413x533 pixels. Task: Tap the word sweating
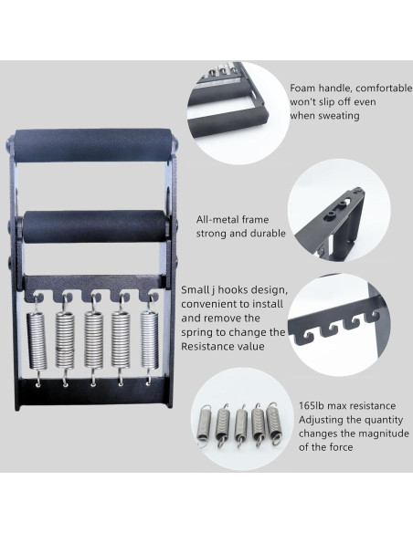(334, 118)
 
